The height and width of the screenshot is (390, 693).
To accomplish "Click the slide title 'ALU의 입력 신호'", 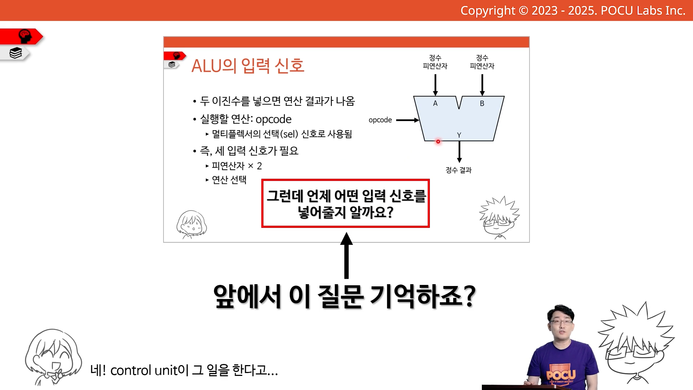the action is click(248, 66).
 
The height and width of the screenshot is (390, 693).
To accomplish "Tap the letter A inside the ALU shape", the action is click(435, 103).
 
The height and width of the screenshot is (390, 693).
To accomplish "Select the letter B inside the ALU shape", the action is click(482, 103).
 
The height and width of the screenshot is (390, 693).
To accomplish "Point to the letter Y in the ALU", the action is click(459, 135).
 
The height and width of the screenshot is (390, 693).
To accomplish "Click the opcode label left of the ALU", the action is click(380, 120).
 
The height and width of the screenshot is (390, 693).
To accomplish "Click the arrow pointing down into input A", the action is click(435, 85).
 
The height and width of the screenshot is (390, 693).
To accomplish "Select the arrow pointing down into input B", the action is click(482, 85).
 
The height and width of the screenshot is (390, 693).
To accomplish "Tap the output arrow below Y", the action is click(459, 152).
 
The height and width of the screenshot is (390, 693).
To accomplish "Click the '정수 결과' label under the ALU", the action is click(458, 170).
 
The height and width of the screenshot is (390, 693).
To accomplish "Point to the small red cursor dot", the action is click(438, 142).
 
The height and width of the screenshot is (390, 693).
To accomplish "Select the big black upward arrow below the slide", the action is click(346, 255).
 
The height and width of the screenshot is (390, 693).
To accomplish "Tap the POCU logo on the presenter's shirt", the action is click(561, 374).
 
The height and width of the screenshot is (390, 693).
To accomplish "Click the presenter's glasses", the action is click(561, 322).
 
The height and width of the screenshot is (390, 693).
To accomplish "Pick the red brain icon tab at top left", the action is click(22, 36).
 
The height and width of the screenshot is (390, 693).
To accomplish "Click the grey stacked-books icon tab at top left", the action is click(15, 53).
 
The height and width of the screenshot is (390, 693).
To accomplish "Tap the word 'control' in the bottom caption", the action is click(131, 370).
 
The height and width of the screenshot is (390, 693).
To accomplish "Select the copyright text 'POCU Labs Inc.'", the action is click(643, 10).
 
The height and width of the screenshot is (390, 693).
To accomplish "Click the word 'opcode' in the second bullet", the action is click(273, 120).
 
